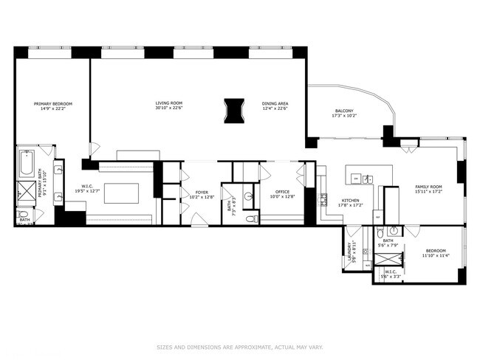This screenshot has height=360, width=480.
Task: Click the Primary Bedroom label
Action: point(52,103)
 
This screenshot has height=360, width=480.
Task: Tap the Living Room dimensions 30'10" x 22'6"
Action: point(168,109)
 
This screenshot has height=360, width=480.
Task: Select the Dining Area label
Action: point(274,103)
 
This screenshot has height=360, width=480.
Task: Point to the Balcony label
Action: point(343,111)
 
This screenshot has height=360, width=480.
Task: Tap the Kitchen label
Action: point(349,201)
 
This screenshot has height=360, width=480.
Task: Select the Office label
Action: point(282,192)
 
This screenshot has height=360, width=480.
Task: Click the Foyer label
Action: point(201,192)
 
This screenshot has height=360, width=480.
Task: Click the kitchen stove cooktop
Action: point(323,199)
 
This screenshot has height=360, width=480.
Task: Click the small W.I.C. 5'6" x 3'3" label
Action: point(390,274)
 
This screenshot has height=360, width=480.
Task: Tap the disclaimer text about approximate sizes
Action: point(239,346)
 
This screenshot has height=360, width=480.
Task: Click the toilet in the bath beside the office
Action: point(250,218)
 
